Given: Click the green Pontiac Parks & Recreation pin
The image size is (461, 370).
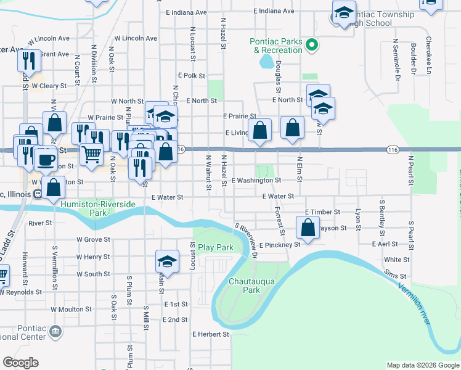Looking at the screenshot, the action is pos(312,44).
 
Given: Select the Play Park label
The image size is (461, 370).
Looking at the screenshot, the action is pos(216,247).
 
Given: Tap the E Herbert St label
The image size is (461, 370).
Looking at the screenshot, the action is pos(210,334).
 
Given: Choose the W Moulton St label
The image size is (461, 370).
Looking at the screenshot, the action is pos(71,309).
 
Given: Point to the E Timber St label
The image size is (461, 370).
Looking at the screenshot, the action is pos(322,212).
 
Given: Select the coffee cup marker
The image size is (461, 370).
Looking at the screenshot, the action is pos(44,158).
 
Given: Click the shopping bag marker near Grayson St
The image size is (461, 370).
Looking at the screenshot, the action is pos(308,228).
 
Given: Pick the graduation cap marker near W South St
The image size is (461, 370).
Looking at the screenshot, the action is pos(167,261).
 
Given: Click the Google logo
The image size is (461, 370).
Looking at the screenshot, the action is pos(20,363).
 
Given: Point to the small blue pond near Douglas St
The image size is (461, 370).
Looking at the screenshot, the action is pos(267,61).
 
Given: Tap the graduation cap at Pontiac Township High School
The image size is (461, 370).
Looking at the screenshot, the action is pos(344,12).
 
